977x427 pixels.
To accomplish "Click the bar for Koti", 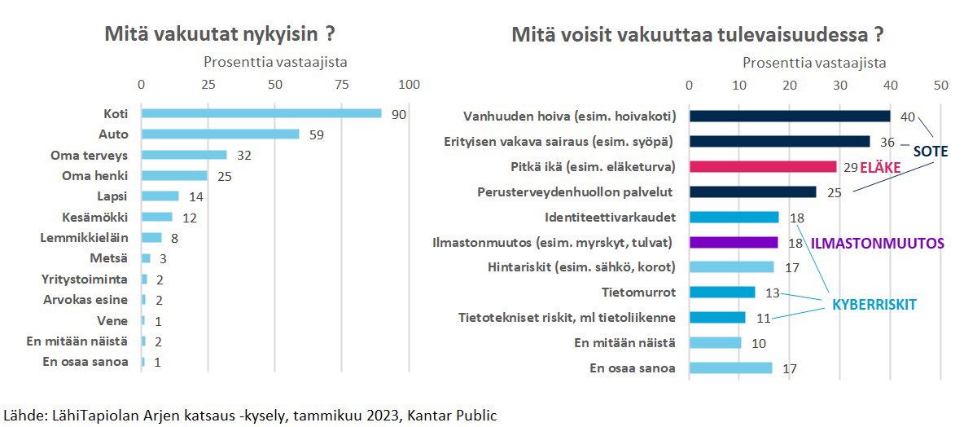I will pyautogui.click(x=261, y=113).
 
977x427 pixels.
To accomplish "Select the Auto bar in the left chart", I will pyautogui.click(x=221, y=134).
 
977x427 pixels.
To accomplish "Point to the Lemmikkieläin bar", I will pyautogui.click(x=152, y=237).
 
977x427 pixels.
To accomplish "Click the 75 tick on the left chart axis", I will pyautogui.click(x=342, y=85).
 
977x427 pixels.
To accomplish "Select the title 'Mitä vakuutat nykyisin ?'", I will pyautogui.click(x=221, y=35).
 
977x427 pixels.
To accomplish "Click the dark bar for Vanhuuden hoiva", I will pyautogui.click(x=790, y=116).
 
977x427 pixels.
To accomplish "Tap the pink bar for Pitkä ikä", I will pyautogui.click(x=763, y=166).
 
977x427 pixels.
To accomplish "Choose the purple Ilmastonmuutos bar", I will pyautogui.click(x=734, y=242).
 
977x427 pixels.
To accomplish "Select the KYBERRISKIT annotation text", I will pyautogui.click(x=874, y=304).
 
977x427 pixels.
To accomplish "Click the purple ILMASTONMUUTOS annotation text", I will pyautogui.click(x=878, y=243).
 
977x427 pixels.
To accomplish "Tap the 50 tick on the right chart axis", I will pyautogui.click(x=941, y=85).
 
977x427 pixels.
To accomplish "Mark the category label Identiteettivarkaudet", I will pyautogui.click(x=611, y=217).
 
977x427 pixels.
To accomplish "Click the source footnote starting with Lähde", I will pyautogui.click(x=251, y=415).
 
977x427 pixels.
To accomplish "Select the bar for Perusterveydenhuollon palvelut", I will pyautogui.click(x=752, y=191).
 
